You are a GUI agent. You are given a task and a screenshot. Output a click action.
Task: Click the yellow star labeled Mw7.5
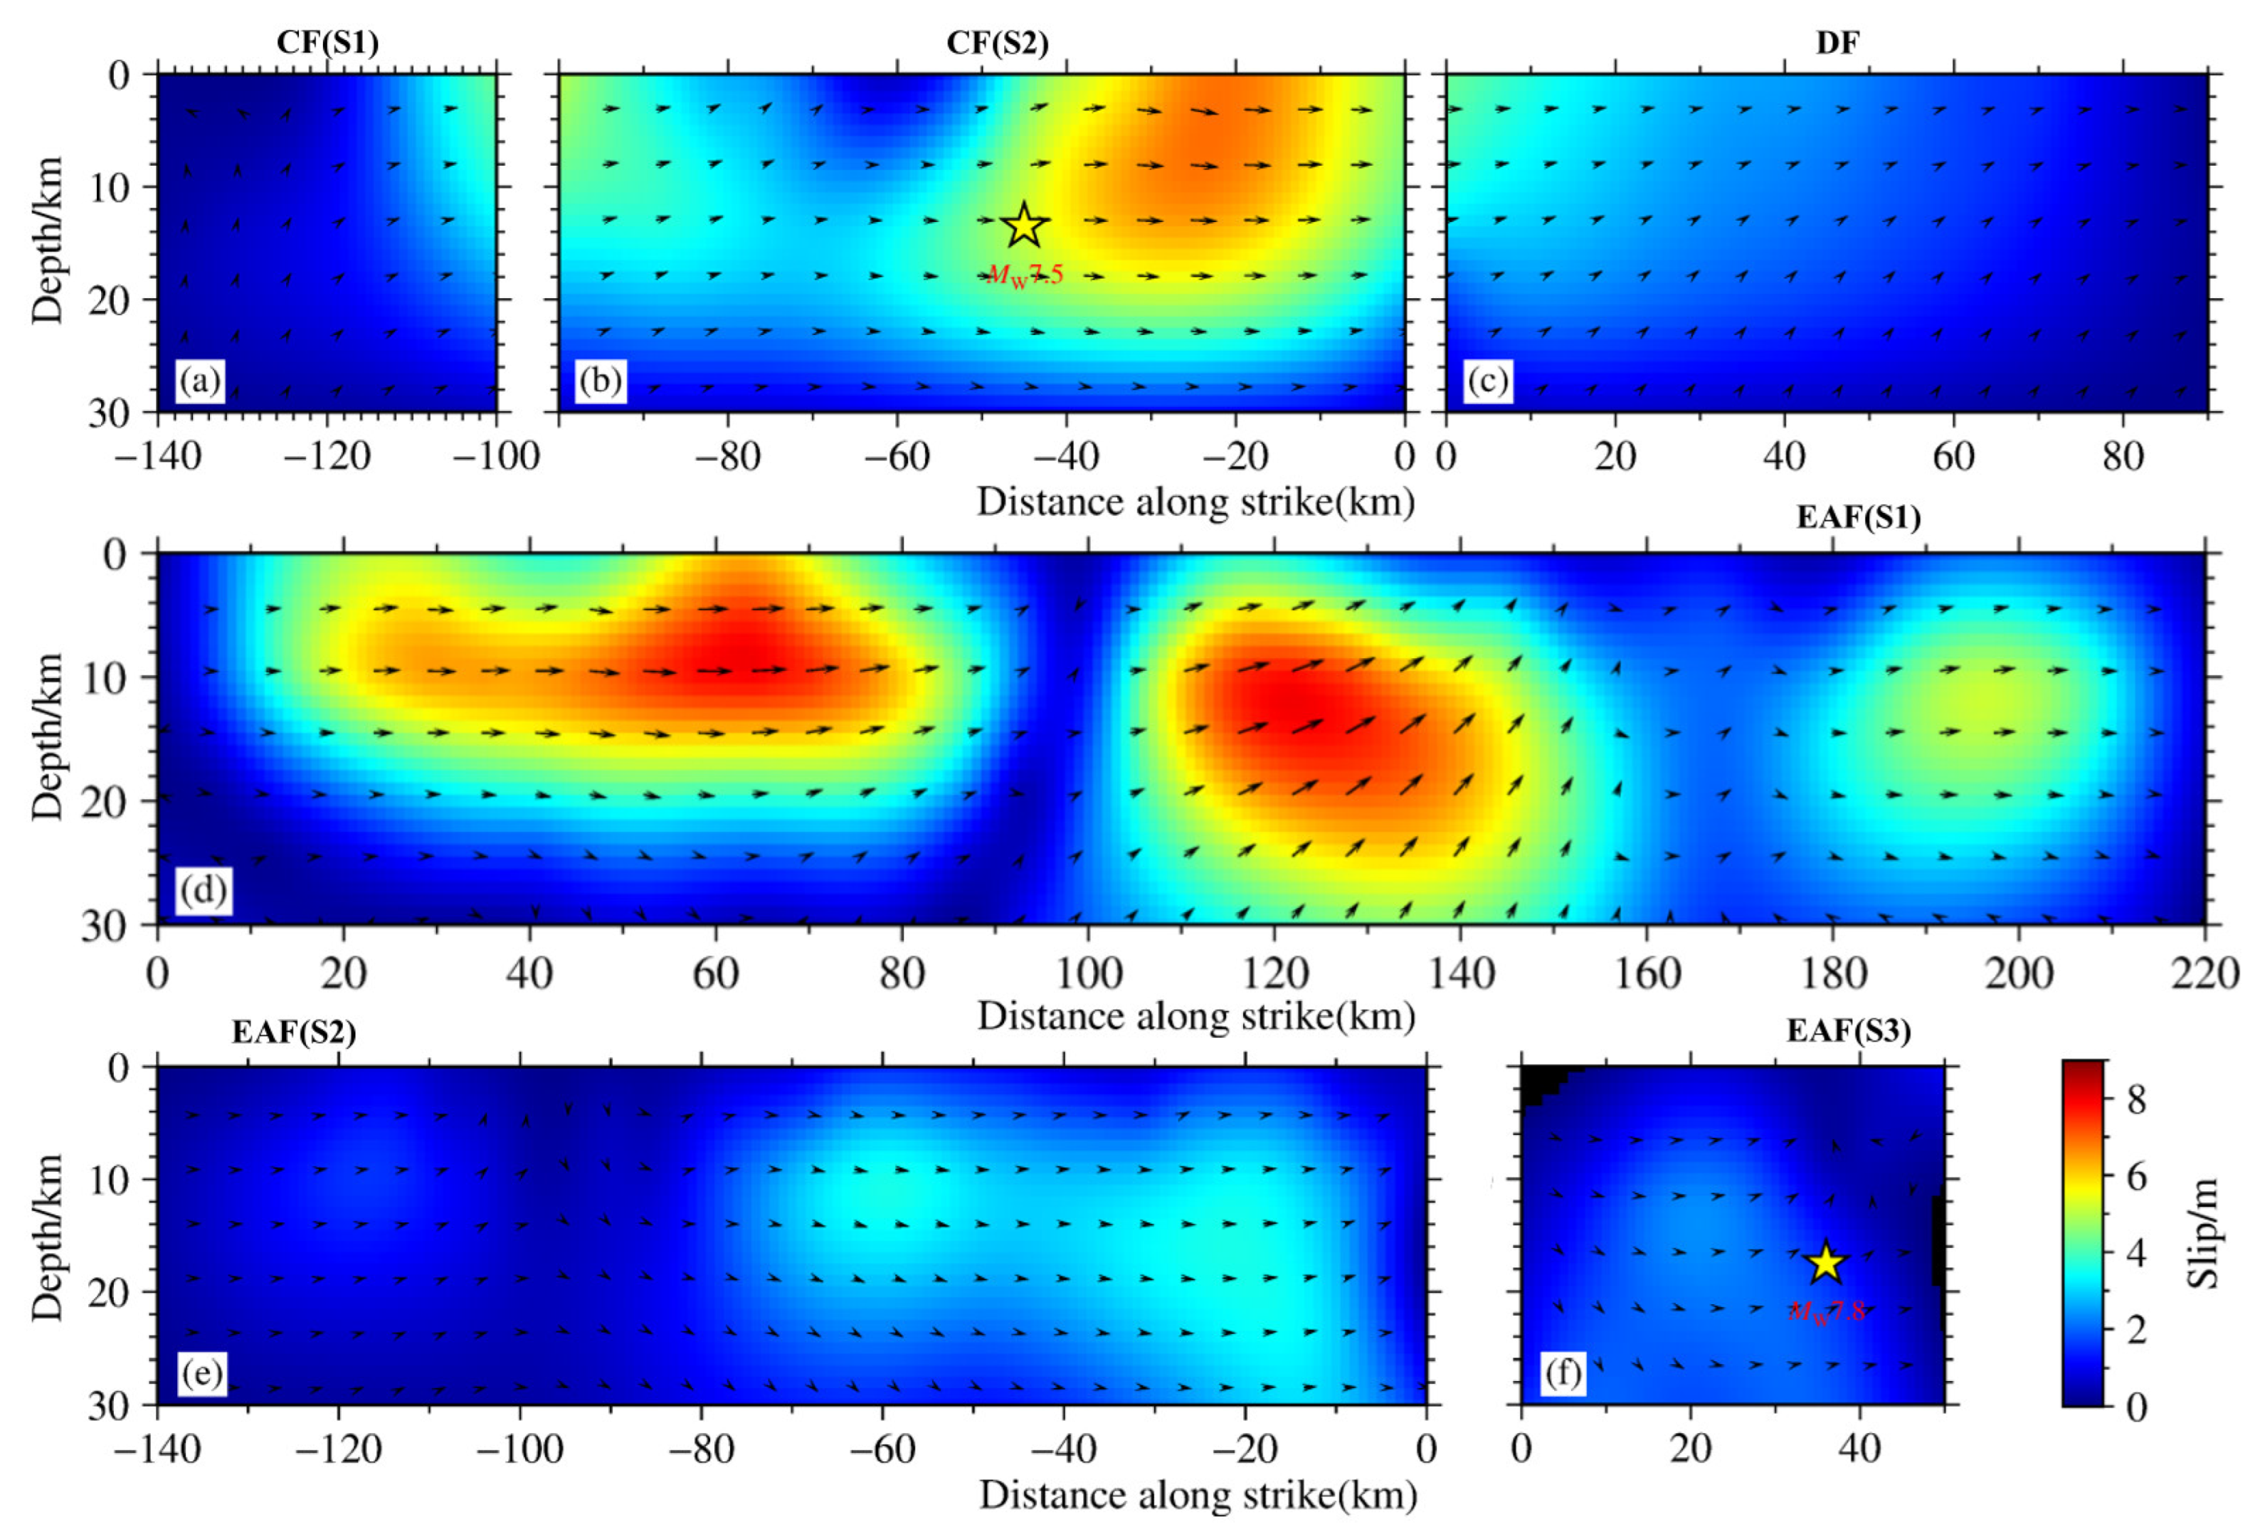(1024, 226)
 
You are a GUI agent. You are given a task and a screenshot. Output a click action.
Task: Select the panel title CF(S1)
(328, 42)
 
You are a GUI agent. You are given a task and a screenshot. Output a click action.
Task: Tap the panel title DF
(1837, 42)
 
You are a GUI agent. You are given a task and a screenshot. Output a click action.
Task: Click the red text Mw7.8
(1827, 1311)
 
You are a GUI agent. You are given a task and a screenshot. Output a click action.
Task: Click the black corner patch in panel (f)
(1538, 1083)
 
